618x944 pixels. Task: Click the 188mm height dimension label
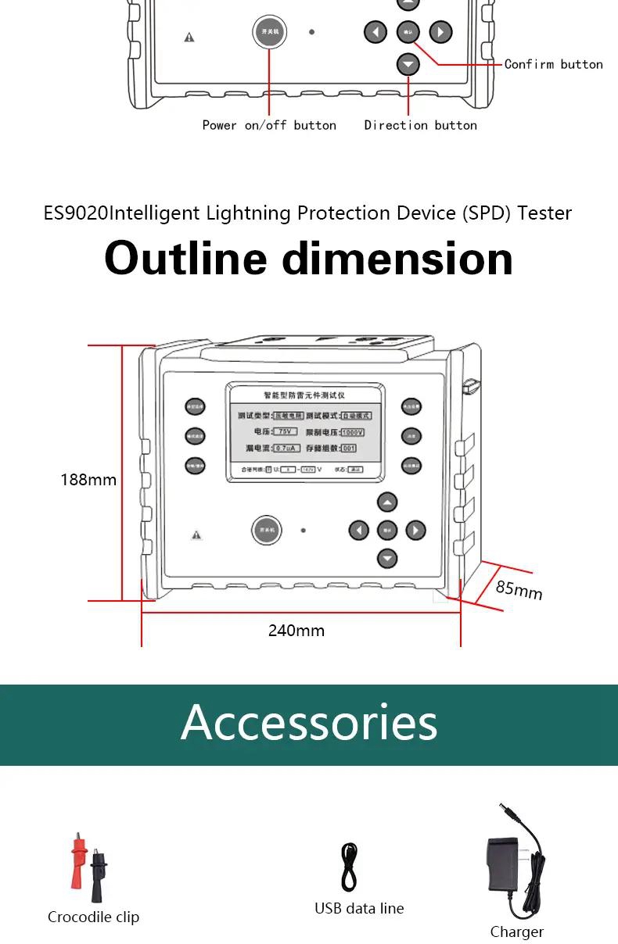pyautogui.click(x=88, y=480)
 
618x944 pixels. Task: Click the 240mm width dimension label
pyautogui.click(x=296, y=631)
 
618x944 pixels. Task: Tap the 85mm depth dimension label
pyautogui.click(x=519, y=588)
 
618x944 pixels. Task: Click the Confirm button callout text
pyautogui.click(x=553, y=64)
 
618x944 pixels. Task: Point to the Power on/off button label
pyautogui.click(x=269, y=125)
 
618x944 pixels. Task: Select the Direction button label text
pyautogui.click(x=420, y=125)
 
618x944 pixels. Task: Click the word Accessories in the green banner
pyautogui.click(x=309, y=722)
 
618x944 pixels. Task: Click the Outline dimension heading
pyautogui.click(x=308, y=258)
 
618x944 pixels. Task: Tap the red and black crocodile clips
pyautogui.click(x=88, y=867)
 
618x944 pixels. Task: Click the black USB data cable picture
pyautogui.click(x=350, y=867)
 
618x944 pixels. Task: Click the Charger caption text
pyautogui.click(x=516, y=931)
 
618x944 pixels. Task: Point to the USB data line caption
pyautogui.click(x=359, y=908)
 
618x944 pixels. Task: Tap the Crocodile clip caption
pyautogui.click(x=93, y=917)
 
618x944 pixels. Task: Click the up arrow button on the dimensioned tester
pyautogui.click(x=387, y=502)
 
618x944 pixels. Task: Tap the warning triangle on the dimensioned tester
pyautogui.click(x=196, y=535)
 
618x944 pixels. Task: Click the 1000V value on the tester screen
pyautogui.click(x=352, y=432)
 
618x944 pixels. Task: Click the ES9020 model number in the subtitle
pyautogui.click(x=75, y=213)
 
